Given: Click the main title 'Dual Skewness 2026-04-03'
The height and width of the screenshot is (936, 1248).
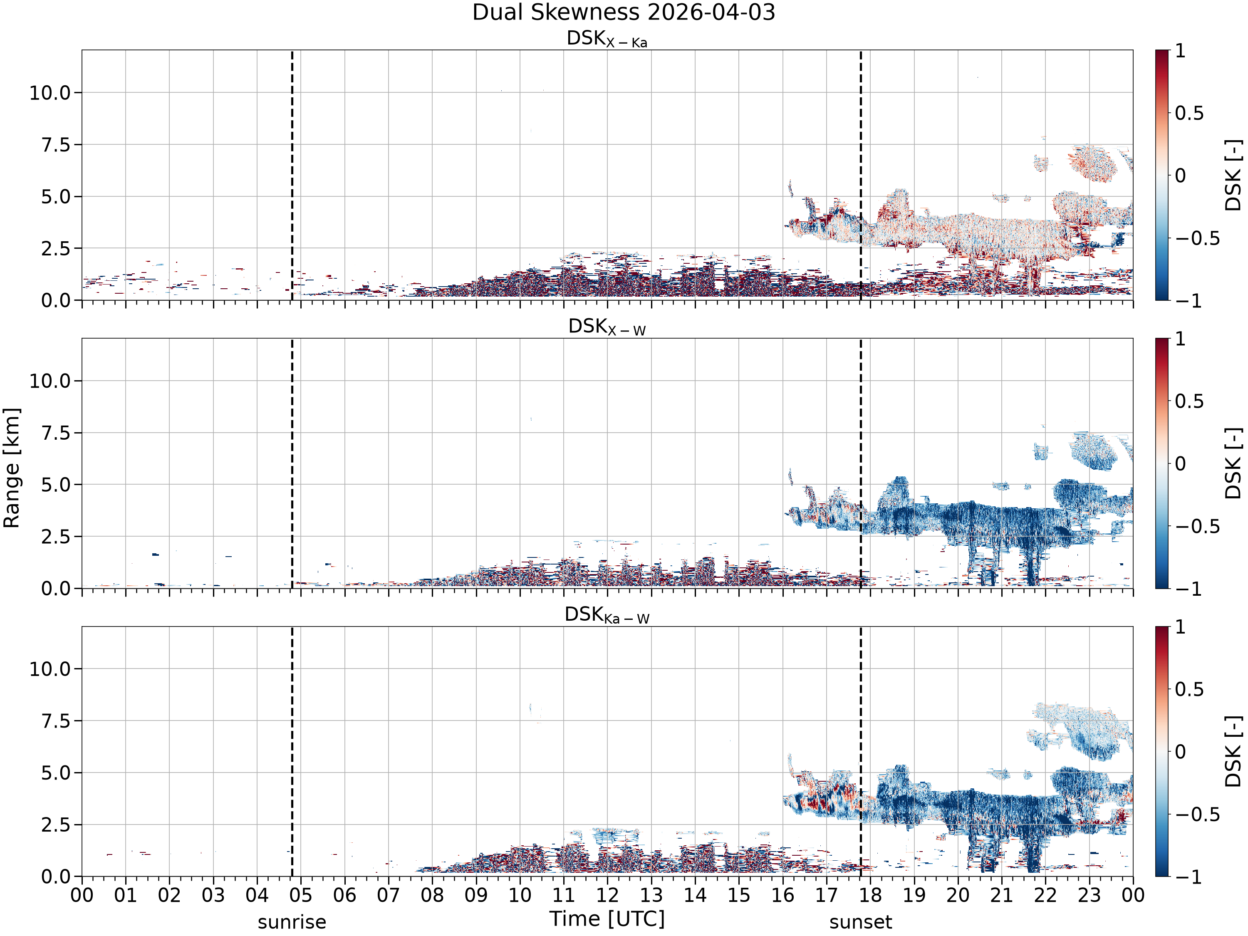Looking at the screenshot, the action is tap(624, 12).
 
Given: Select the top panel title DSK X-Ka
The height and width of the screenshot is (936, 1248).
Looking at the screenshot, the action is tap(607, 39).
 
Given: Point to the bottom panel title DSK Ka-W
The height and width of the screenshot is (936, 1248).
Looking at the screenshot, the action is tap(607, 615).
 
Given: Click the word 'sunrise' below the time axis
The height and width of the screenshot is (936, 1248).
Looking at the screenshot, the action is tap(292, 922).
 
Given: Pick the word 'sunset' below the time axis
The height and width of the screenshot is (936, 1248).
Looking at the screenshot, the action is tap(860, 922).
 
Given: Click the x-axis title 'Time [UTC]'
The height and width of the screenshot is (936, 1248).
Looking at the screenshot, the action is tap(607, 919).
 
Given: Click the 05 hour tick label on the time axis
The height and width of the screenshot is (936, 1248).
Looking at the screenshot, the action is tap(301, 895).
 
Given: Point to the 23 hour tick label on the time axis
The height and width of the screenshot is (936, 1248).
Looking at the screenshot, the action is tap(1089, 895).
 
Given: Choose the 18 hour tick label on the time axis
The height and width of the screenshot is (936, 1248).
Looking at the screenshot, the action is tap(870, 895).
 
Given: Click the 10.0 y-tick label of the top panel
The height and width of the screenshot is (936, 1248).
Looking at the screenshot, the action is tap(50, 92).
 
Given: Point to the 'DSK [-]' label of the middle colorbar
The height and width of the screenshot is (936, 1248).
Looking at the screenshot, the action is tap(1233, 463).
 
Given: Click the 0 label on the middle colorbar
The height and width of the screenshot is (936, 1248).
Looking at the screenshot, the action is tap(1180, 464).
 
